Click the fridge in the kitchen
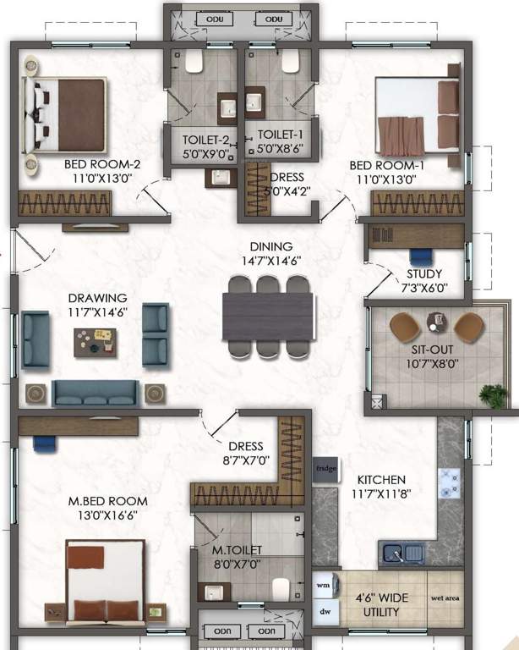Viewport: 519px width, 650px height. coord(325,468)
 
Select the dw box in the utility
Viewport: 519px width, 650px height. coord(324,610)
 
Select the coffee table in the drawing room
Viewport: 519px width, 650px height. coord(96,341)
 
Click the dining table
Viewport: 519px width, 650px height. coord(267,317)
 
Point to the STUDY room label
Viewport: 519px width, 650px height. coord(424,274)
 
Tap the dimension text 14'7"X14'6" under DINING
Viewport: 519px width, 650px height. coord(267,262)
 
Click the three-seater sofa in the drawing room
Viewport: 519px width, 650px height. coord(96,392)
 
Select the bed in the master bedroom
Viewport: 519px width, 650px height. coord(104,579)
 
